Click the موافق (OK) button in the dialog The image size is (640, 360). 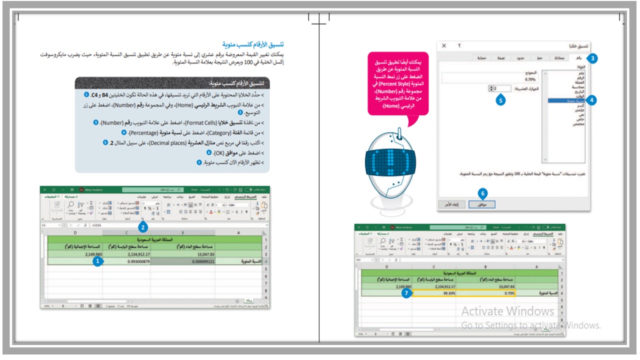(482, 204)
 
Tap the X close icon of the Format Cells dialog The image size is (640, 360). (444, 45)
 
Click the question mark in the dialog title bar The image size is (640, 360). (459, 45)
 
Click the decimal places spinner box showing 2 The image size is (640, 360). (499, 88)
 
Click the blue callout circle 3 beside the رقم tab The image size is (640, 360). (592, 58)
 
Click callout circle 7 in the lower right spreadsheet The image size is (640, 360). (408, 293)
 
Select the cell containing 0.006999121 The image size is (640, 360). (183, 261)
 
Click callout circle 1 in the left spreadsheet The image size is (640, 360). (98, 260)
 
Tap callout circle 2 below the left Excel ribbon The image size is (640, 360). (143, 227)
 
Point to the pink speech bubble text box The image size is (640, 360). (398, 83)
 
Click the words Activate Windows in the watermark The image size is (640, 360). (507, 311)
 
